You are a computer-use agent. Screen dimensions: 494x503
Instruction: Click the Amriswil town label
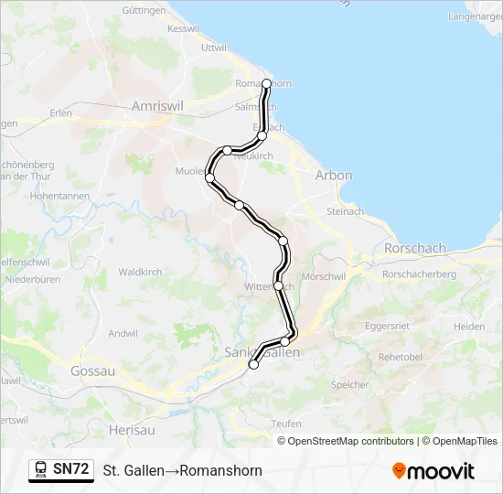pyautogui.click(x=158, y=106)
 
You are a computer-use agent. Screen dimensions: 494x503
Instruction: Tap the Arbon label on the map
pyautogui.click(x=333, y=175)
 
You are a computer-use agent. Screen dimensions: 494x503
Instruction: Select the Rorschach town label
pyautogui.click(x=415, y=248)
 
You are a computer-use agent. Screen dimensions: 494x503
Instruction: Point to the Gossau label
pyautogui.click(x=92, y=371)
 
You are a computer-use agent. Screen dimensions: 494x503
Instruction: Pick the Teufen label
pyautogui.click(x=286, y=424)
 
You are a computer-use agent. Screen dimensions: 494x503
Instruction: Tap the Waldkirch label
pyautogui.click(x=140, y=272)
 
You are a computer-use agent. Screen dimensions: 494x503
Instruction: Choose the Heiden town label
pyautogui.click(x=469, y=327)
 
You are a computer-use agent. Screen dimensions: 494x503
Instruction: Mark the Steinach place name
pyautogui.click(x=345, y=211)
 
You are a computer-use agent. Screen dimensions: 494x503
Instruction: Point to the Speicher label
pyautogui.click(x=349, y=385)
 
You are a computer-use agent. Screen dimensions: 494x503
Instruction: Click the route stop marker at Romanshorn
pyautogui.click(x=266, y=83)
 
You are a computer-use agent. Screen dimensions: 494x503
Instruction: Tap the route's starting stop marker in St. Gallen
pyautogui.click(x=253, y=364)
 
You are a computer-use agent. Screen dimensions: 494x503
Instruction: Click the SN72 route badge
pyautogui.click(x=70, y=469)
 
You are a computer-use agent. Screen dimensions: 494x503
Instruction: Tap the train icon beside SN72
pyautogui.click(x=41, y=469)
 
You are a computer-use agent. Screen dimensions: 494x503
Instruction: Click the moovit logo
pyautogui.click(x=433, y=471)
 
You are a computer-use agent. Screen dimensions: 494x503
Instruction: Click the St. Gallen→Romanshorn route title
pyautogui.click(x=182, y=471)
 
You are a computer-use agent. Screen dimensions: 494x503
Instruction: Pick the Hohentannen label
pyautogui.click(x=59, y=196)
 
